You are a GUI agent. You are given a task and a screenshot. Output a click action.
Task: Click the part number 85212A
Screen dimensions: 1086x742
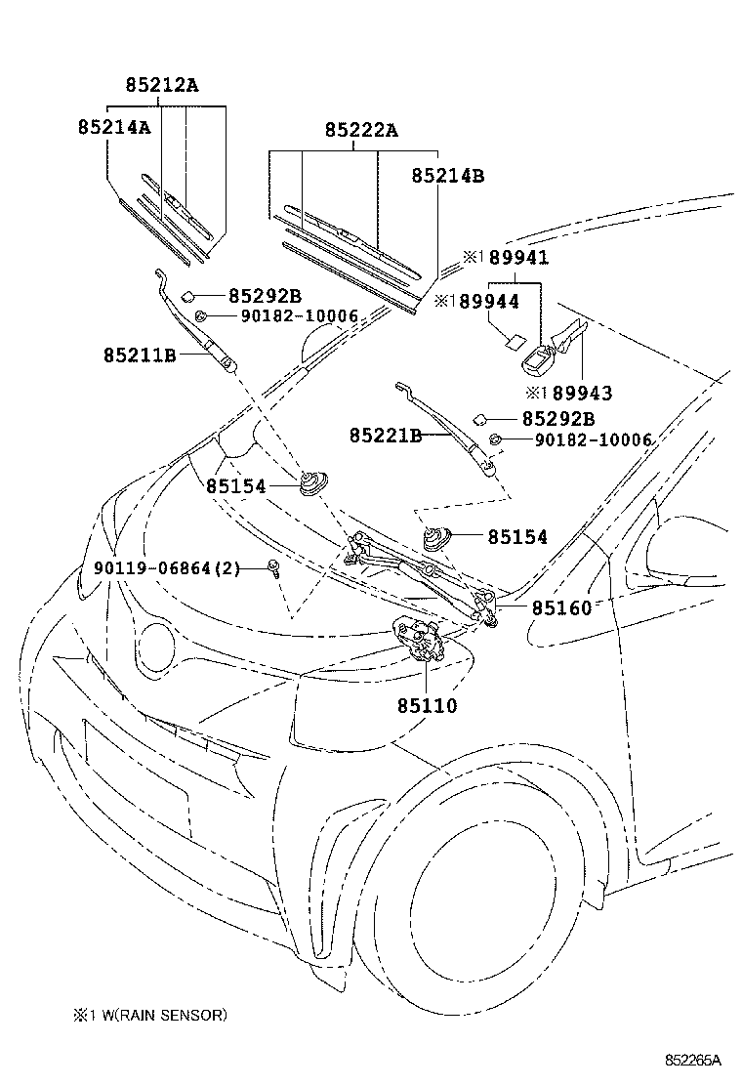point(161,85)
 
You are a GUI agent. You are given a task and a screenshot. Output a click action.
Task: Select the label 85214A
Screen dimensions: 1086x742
point(114,126)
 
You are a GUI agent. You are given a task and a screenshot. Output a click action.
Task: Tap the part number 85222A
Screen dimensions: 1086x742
point(361,130)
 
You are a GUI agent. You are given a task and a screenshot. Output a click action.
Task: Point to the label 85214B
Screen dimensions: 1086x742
point(447,176)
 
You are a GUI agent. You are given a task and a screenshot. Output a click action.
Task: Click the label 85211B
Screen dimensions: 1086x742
point(139,355)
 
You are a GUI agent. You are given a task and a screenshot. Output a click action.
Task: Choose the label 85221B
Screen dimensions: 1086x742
point(386,435)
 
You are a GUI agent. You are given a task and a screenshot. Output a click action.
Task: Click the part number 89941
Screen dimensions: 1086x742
point(516,258)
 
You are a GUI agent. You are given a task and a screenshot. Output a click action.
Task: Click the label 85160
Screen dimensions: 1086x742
point(561,607)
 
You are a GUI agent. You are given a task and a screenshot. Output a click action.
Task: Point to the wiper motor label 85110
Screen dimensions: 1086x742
point(426,704)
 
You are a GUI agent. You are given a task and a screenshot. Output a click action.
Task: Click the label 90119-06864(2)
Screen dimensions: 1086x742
point(167,568)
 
